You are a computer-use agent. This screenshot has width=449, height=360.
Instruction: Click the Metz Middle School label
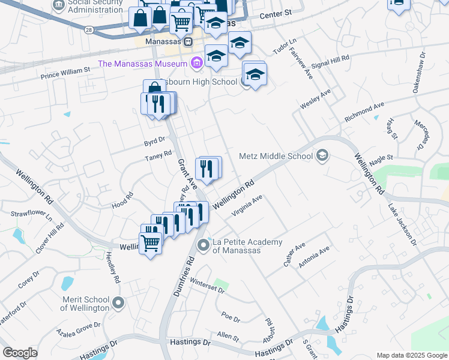click(276, 156)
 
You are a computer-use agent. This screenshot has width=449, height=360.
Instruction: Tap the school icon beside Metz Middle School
click(322, 156)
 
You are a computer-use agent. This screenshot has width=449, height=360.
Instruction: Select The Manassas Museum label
click(144, 64)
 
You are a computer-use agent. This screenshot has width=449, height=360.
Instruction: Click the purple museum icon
click(196, 63)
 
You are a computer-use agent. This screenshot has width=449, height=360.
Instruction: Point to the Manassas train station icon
click(188, 43)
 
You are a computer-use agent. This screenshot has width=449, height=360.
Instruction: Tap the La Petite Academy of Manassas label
click(247, 246)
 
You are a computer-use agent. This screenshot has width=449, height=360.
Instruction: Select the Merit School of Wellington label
click(85, 304)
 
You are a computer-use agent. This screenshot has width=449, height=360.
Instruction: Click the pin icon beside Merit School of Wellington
click(119, 304)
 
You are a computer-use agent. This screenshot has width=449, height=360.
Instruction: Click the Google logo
click(20, 353)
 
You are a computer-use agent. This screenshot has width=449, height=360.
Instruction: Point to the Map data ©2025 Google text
click(411, 355)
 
